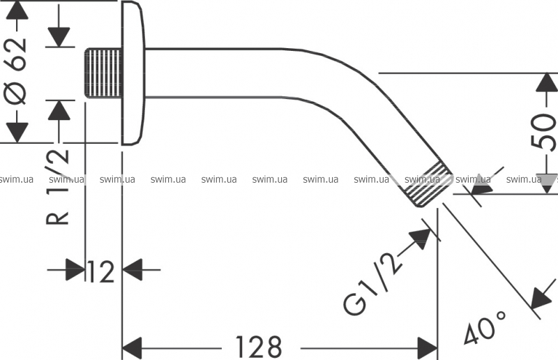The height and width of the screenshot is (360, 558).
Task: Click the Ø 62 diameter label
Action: click(x=17, y=70)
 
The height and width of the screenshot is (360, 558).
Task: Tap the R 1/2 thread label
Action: click(x=58, y=186)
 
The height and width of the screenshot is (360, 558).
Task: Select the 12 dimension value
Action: click(x=100, y=271)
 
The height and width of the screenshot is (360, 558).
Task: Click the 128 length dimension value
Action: click(x=259, y=347)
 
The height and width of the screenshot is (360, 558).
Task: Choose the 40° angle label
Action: click(x=485, y=328)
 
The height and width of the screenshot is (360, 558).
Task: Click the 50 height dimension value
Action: click(x=543, y=132)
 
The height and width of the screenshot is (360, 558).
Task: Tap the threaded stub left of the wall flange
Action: click(x=103, y=73)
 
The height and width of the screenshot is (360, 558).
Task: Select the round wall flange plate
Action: click(x=133, y=73)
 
